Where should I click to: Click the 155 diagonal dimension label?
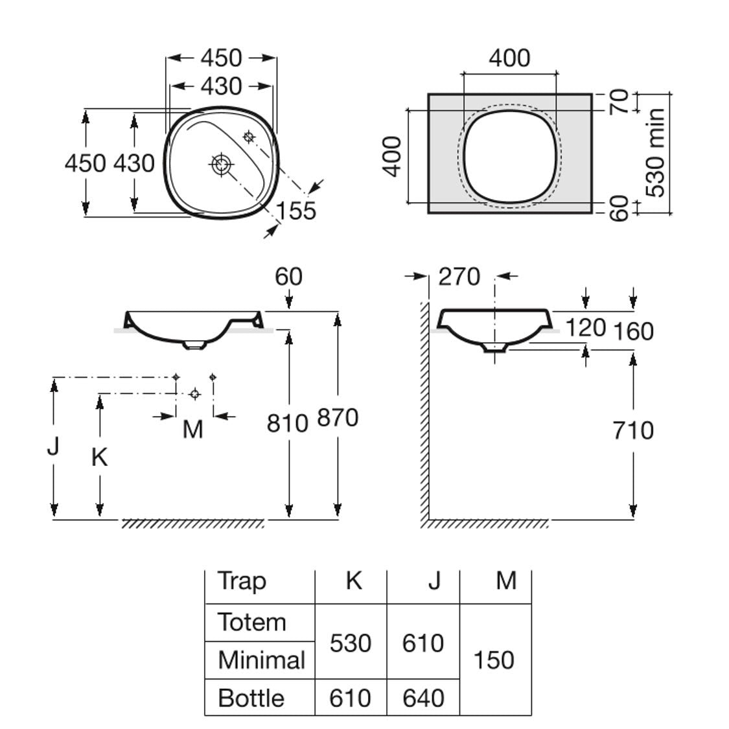coord(297,211)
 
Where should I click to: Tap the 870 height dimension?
coord(338,418)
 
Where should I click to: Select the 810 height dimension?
coord(287,423)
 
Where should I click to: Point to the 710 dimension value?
coord(633,430)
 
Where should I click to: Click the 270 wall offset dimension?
coord(459,277)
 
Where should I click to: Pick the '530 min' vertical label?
coord(656,153)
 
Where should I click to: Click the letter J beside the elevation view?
coord(54,446)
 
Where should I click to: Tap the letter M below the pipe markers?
coord(192,429)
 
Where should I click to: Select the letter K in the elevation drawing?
coord(99,457)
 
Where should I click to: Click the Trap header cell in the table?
coord(242,581)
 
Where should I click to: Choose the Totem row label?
coord(252,622)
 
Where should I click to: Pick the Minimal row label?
coord(261,660)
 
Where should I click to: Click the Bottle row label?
coord(251,698)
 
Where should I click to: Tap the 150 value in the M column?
coord(494,660)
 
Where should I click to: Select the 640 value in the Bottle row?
coord(423,698)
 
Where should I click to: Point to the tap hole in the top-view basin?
coord(249,137)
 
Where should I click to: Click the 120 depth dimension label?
coord(585,328)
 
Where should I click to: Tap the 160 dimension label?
coord(633,331)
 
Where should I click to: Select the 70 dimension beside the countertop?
coord(620,102)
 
